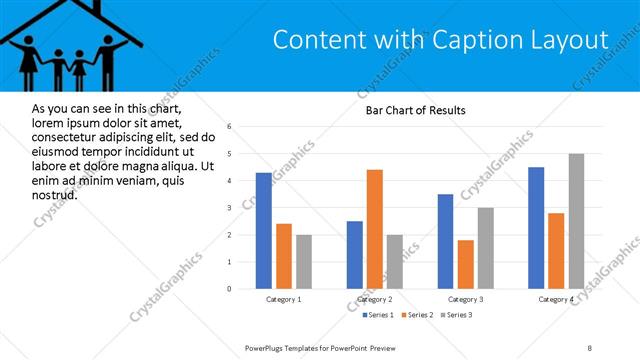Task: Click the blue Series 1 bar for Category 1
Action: point(263,231)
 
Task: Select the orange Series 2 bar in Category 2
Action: point(375,229)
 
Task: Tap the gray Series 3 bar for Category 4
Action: point(576,221)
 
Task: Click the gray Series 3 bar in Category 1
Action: point(303,262)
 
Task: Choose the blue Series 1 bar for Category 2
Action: point(355,255)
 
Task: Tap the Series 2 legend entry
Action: point(415,315)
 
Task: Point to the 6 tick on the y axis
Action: point(230,127)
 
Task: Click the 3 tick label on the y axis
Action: point(230,208)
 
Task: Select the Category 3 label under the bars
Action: point(465,299)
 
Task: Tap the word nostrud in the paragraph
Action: point(55,193)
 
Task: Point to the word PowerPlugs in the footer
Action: point(268,347)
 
